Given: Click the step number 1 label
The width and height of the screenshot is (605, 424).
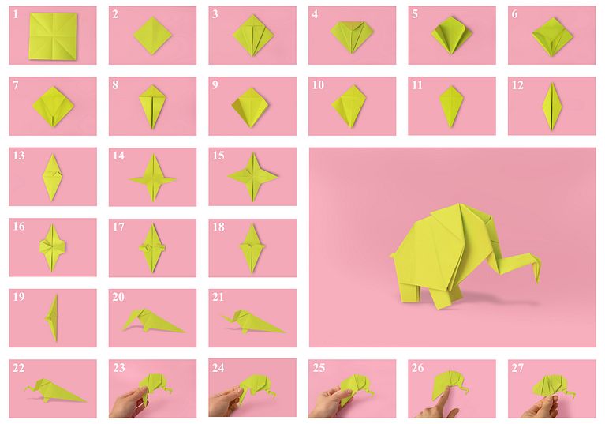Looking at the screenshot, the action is pyautogui.click(x=16, y=14).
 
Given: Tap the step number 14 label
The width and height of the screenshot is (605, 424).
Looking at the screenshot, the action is pyautogui.click(x=118, y=156).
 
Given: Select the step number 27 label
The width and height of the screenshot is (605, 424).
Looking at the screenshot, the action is pyautogui.click(x=517, y=367).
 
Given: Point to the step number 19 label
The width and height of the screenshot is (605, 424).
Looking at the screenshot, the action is pyautogui.click(x=18, y=297).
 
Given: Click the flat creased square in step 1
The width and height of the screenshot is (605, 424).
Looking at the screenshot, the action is pyautogui.click(x=54, y=36).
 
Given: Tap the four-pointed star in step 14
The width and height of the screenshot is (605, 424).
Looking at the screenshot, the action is pyautogui.click(x=153, y=178).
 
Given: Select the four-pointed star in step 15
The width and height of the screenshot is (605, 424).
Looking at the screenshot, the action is pyautogui.click(x=252, y=177).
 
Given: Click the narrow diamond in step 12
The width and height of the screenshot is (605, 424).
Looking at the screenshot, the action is pyautogui.click(x=551, y=106).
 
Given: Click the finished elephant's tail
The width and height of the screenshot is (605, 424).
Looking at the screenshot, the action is pyautogui.click(x=393, y=255).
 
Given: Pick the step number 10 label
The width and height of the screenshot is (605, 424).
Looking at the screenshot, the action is pyautogui.click(x=318, y=84).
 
